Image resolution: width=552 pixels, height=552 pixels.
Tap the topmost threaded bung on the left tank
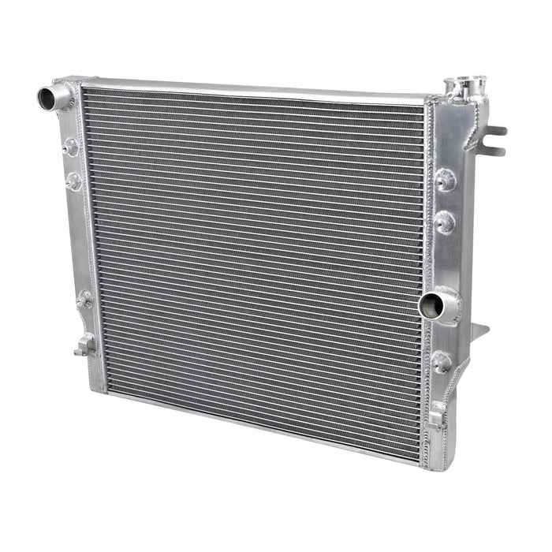72,146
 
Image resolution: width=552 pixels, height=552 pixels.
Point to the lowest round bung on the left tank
85,299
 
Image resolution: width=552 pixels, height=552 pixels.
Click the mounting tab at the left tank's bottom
84,344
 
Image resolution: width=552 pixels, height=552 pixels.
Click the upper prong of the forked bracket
496,130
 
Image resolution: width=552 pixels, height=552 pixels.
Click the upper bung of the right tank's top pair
446,180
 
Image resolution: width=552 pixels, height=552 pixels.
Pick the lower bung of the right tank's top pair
445,222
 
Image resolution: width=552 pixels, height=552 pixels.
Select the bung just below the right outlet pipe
442,362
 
